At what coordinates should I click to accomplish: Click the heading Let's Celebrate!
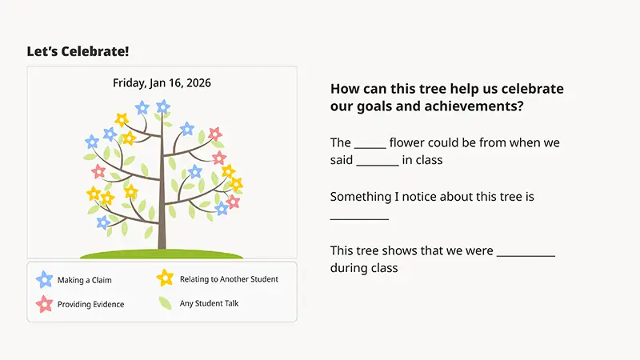pyautogui.click(x=78, y=52)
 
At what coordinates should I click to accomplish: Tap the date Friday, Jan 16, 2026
pyautogui.click(x=162, y=82)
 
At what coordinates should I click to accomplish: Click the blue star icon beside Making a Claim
pyautogui.click(x=44, y=280)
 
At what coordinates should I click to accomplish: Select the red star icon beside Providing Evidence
pyautogui.click(x=44, y=304)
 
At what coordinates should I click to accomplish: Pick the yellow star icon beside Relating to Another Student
pyautogui.click(x=165, y=278)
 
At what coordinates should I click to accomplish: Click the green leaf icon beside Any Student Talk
pyautogui.click(x=165, y=303)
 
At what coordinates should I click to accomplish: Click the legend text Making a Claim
pyautogui.click(x=84, y=281)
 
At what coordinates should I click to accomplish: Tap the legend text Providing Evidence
pyautogui.click(x=90, y=305)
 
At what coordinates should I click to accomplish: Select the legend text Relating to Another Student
pyautogui.click(x=229, y=279)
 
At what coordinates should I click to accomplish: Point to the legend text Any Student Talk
pyautogui.click(x=209, y=303)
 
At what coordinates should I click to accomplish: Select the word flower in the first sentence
pyautogui.click(x=407, y=142)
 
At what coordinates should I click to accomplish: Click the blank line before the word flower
pyautogui.click(x=370, y=146)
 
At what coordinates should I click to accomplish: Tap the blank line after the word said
pyautogui.click(x=377, y=163)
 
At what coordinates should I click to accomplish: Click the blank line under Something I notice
pyautogui.click(x=359, y=218)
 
